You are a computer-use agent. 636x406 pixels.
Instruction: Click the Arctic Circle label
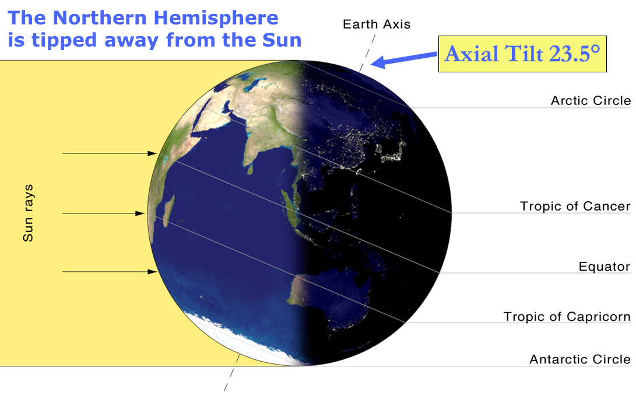click(591, 101)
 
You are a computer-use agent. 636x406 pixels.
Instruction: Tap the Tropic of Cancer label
click(575, 206)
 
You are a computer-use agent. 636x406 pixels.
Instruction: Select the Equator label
click(605, 267)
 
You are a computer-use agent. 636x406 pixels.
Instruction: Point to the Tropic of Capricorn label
click(567, 317)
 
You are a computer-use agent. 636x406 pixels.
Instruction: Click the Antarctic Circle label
click(580, 359)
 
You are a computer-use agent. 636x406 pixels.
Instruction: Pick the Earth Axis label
click(377, 24)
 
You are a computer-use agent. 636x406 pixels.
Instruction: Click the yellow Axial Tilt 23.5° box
click(522, 54)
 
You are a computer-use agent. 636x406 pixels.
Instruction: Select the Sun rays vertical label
click(27, 213)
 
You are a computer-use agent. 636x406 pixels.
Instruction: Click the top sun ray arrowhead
click(152, 153)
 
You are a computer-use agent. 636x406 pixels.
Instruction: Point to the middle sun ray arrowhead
click(140, 213)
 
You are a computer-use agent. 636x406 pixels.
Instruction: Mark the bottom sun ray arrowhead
click(152, 272)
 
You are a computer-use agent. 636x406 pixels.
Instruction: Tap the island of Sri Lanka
click(250, 169)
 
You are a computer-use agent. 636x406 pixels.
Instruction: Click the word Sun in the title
click(282, 40)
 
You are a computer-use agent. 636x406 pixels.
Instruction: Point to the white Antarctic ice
click(243, 341)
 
